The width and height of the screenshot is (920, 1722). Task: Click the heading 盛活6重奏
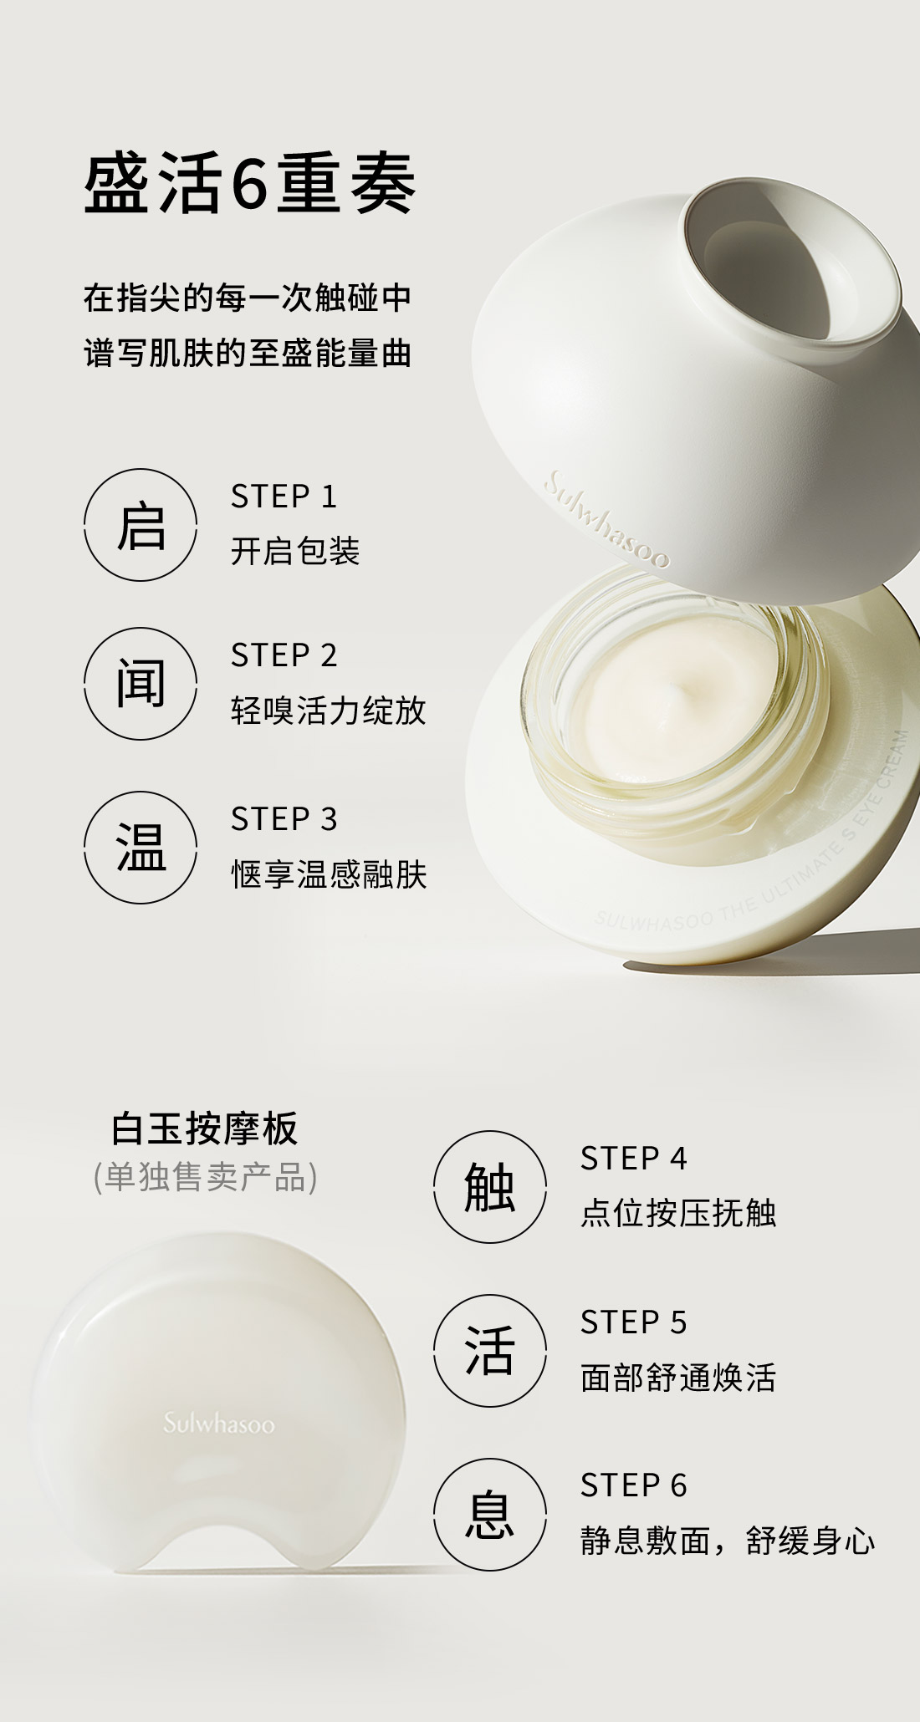click(x=249, y=184)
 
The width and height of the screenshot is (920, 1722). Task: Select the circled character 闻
click(x=141, y=684)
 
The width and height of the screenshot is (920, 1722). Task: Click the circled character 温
click(x=141, y=848)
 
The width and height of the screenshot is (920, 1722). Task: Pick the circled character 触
click(x=490, y=1187)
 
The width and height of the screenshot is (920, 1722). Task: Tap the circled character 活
click(x=490, y=1351)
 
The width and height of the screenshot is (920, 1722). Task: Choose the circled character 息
click(x=490, y=1514)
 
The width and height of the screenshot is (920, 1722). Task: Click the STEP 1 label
click(x=284, y=497)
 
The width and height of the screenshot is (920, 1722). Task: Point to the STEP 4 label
click(x=633, y=1159)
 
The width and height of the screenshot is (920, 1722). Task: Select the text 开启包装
click(x=295, y=552)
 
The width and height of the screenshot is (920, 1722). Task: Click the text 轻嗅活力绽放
click(x=329, y=711)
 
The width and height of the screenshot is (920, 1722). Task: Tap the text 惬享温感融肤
click(x=329, y=875)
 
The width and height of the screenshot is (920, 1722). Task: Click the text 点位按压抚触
click(x=678, y=1214)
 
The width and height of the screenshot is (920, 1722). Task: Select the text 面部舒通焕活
click(x=678, y=1378)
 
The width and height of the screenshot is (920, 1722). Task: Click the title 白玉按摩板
click(x=205, y=1129)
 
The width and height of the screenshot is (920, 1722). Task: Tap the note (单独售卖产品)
click(x=205, y=1177)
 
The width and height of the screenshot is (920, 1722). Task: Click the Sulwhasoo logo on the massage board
click(x=218, y=1424)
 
